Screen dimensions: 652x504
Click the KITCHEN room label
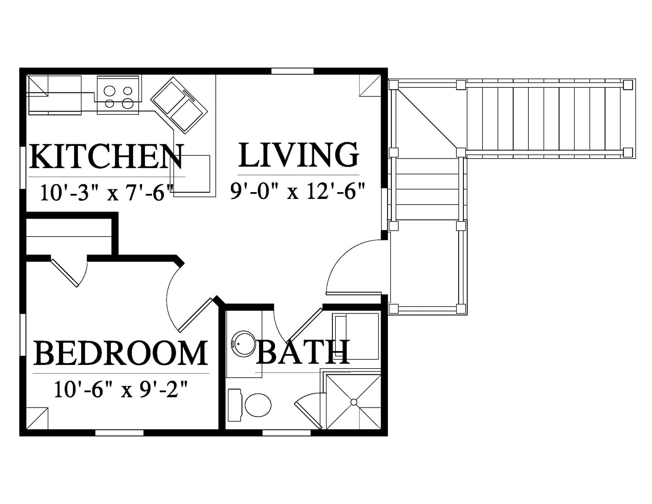click(x=106, y=157)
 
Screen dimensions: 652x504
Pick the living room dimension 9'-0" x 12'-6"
click(x=298, y=191)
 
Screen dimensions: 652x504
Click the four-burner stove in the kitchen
click(x=118, y=95)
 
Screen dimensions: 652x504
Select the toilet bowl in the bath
click(x=258, y=405)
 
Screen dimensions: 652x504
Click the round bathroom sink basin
click(x=244, y=344)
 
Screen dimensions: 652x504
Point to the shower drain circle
click(x=354, y=402)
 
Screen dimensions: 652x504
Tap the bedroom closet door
click(x=65, y=273)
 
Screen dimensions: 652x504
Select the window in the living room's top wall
click(x=293, y=71)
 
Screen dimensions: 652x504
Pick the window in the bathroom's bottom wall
click(x=287, y=433)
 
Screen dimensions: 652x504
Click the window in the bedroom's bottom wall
click(x=119, y=433)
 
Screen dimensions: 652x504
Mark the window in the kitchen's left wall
click(x=23, y=167)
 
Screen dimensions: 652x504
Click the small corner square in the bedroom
click(x=37, y=418)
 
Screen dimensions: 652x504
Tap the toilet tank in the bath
click(x=234, y=405)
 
